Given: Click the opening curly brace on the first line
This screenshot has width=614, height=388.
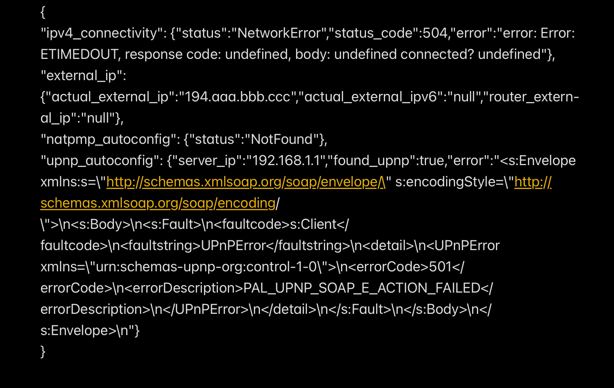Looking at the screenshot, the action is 43,12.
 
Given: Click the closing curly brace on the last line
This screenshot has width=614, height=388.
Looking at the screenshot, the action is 43,352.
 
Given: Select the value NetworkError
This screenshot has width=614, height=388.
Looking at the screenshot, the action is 279,33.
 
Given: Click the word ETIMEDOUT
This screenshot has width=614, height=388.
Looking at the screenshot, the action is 79,54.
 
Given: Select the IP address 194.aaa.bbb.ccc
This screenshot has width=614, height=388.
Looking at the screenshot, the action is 238,97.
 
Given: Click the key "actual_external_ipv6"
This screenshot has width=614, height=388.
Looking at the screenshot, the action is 370,97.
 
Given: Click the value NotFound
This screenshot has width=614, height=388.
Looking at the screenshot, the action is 281,139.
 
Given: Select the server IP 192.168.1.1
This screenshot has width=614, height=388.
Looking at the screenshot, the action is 286,161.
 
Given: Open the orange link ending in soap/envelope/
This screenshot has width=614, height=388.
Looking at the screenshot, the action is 246,182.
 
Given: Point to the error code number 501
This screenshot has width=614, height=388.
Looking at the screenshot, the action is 440,267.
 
